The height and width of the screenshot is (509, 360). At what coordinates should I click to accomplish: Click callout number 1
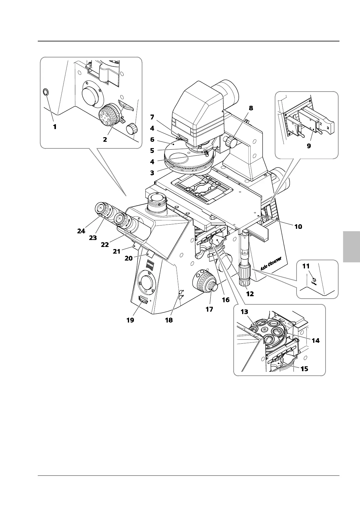click(x=55, y=127)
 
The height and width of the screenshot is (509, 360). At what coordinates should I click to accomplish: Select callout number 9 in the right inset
click(x=309, y=146)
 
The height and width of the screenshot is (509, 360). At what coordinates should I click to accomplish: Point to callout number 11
click(x=306, y=267)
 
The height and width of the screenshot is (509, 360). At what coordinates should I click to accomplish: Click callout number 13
click(x=244, y=312)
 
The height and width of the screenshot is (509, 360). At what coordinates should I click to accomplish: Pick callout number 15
click(x=304, y=369)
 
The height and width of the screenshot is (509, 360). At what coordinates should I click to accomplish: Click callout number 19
click(x=130, y=320)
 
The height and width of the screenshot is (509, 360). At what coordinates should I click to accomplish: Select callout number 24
click(x=81, y=231)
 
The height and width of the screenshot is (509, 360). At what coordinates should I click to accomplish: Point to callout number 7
click(x=152, y=117)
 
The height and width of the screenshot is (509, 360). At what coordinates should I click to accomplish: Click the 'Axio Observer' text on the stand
click(x=271, y=263)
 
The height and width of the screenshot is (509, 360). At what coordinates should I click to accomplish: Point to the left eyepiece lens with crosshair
click(x=100, y=208)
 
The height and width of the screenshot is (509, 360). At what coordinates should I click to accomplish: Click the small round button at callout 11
click(x=314, y=280)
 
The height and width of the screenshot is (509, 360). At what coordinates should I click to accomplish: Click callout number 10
click(x=298, y=226)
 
